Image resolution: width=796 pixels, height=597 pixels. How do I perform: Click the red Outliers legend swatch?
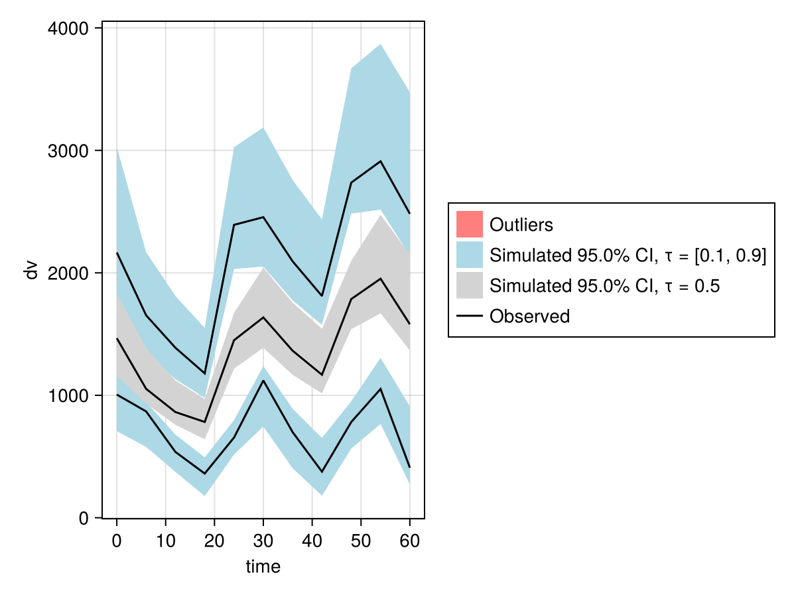pos(469,224)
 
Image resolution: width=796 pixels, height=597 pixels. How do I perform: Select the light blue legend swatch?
pos(469,255)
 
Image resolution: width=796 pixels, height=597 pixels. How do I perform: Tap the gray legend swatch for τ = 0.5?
pos(469,286)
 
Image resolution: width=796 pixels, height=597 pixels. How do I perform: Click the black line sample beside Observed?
pos(469,316)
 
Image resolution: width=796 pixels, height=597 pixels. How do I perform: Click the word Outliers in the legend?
pos(521,225)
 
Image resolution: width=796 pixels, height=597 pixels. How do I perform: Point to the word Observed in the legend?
pos(529,316)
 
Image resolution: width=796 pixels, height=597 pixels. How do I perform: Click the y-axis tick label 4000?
pos(70,29)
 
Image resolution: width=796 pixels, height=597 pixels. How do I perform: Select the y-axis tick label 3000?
pos(70,151)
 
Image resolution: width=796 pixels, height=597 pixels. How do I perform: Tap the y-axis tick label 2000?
pos(70,273)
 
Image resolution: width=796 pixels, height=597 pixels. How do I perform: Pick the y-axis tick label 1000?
pos(70,396)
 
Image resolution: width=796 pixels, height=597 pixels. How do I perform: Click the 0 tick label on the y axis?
pos(84,519)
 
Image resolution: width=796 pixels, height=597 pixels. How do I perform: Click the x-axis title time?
pos(263,567)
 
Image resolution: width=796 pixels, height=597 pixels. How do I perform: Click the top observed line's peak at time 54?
pos(380,161)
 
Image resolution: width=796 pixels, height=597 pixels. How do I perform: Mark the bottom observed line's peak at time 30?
pos(263,380)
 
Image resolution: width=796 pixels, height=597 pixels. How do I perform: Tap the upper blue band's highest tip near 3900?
pos(380,44)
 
